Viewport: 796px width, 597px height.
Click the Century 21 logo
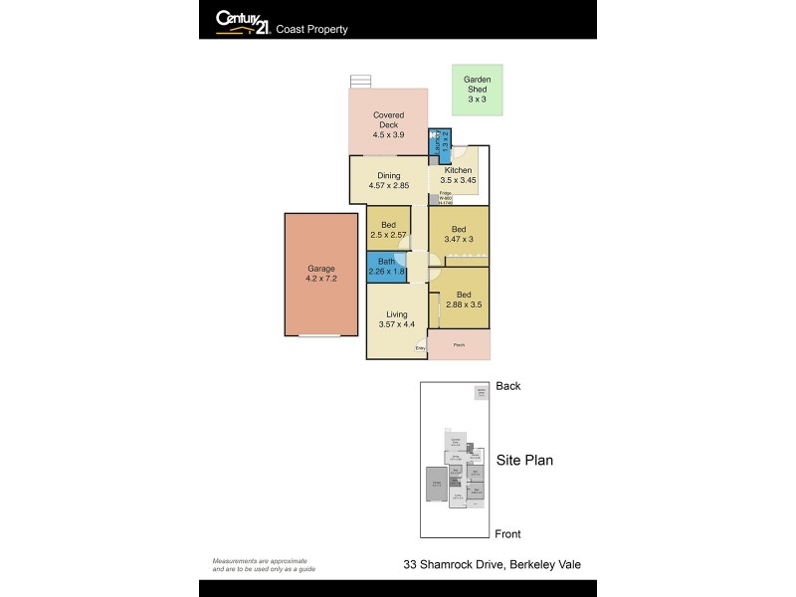[x=242, y=21]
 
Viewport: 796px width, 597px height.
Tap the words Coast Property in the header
[x=312, y=30]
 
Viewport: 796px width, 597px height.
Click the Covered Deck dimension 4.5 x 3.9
[x=388, y=134]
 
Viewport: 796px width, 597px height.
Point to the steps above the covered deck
[x=360, y=82]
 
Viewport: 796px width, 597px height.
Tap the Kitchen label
[x=458, y=170]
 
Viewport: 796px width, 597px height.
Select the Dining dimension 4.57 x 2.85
[x=388, y=186]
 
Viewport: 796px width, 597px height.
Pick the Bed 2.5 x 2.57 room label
[x=388, y=230]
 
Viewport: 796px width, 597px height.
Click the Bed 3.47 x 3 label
[x=459, y=234]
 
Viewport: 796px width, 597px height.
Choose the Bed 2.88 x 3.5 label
[x=464, y=300]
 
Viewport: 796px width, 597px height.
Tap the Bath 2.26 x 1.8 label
[x=386, y=267]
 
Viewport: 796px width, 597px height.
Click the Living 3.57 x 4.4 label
[x=396, y=318]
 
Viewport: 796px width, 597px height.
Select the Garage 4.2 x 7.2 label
[x=320, y=274]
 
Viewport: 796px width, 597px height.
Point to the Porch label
[x=459, y=344]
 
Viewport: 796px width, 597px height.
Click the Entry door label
[x=420, y=348]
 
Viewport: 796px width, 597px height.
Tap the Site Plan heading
[x=524, y=460]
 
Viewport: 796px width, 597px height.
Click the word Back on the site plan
[x=507, y=386]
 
